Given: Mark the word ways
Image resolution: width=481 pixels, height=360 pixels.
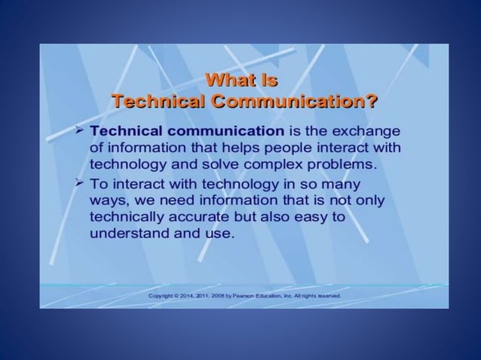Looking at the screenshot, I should coord(106,200).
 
